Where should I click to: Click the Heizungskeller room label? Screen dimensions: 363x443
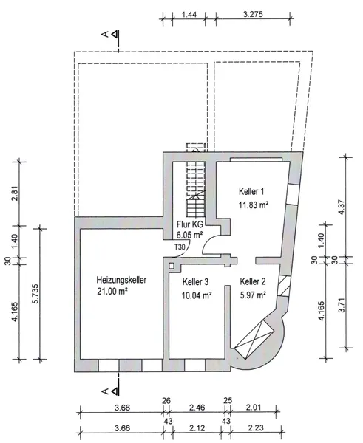pyautogui.click(x=121, y=280)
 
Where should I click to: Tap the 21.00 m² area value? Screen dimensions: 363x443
pyautogui.click(x=112, y=292)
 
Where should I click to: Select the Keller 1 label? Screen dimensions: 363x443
pyautogui.click(x=251, y=191)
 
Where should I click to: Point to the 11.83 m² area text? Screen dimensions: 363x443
pyautogui.click(x=254, y=205)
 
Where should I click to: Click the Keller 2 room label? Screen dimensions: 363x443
pyautogui.click(x=253, y=281)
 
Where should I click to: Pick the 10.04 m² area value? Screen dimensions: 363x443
pyautogui.click(x=197, y=295)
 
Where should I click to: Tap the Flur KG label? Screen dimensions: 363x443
pyautogui.click(x=190, y=225)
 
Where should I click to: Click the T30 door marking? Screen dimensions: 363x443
pyautogui.click(x=180, y=247)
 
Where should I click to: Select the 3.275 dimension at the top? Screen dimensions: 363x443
pyautogui.click(x=253, y=14)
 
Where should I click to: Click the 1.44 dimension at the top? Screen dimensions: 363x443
pyautogui.click(x=189, y=14)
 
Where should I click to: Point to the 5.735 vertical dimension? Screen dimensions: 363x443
pyautogui.click(x=35, y=294)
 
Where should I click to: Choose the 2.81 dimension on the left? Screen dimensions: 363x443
pyautogui.click(x=15, y=193)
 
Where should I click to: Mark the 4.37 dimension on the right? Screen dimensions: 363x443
pyautogui.click(x=342, y=207)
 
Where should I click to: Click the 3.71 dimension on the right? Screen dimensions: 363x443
pyautogui.click(x=342, y=305)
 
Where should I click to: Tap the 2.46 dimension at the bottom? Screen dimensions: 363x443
pyautogui.click(x=197, y=408)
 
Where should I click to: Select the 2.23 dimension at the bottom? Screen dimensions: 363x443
pyautogui.click(x=256, y=428)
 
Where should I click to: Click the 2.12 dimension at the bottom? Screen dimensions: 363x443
pyautogui.click(x=197, y=428)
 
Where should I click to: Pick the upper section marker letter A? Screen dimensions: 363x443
pyautogui.click(x=105, y=35)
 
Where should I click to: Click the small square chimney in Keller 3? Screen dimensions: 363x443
pyautogui.click(x=172, y=266)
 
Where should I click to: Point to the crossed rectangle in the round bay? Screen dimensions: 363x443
pyautogui.click(x=254, y=340)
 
